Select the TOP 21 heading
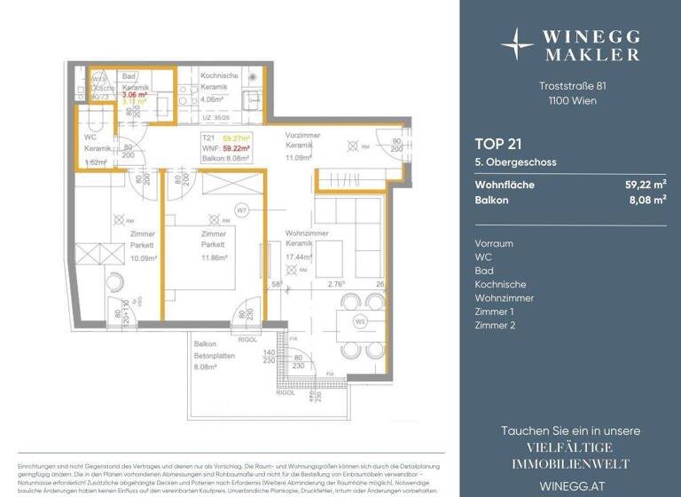(x=497, y=143)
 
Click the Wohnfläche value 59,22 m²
(x=646, y=185)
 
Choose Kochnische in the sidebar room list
(x=500, y=284)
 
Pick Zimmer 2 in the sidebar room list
(x=496, y=325)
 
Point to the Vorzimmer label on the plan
(x=302, y=135)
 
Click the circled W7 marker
(x=240, y=210)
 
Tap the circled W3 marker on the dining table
(x=361, y=321)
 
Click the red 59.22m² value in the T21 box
(x=237, y=149)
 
